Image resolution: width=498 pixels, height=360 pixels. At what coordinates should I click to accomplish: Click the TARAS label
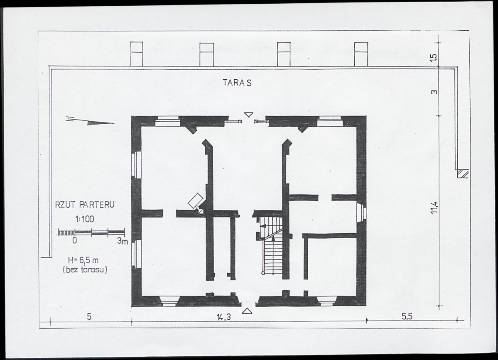pyautogui.click(x=237, y=83)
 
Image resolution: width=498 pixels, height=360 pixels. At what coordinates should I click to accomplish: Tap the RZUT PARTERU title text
pyautogui.click(x=85, y=205)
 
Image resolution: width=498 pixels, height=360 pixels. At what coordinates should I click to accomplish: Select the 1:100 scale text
pyautogui.click(x=84, y=219)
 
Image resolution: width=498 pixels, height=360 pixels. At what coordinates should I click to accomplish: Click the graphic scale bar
pyautogui.click(x=91, y=233)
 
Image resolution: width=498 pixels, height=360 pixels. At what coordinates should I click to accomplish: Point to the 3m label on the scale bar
pyautogui.click(x=122, y=241)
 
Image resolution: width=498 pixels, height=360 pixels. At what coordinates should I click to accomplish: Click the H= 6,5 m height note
pyautogui.click(x=83, y=261)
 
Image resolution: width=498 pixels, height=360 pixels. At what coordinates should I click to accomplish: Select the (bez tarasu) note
pyautogui.click(x=85, y=270)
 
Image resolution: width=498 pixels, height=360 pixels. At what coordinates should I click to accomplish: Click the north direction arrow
pyautogui.click(x=90, y=121)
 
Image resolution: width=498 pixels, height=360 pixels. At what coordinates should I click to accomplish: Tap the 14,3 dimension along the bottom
pyautogui.click(x=223, y=317)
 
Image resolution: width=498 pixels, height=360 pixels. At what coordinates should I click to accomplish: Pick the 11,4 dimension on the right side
pyautogui.click(x=434, y=208)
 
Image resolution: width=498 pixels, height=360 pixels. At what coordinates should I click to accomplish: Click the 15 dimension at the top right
pyautogui.click(x=434, y=57)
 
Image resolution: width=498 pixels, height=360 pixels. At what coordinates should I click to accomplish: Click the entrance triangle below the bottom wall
pyautogui.click(x=247, y=311)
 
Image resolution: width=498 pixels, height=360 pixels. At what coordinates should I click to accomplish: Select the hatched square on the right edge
pyautogui.click(x=463, y=174)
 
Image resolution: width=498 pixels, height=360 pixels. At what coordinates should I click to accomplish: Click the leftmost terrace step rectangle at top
pyautogui.click(x=137, y=54)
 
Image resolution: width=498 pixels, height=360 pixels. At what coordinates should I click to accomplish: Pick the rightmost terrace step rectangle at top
pyautogui.click(x=361, y=54)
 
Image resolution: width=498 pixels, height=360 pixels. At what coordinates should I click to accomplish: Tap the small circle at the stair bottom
pyautogui.click(x=263, y=273)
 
